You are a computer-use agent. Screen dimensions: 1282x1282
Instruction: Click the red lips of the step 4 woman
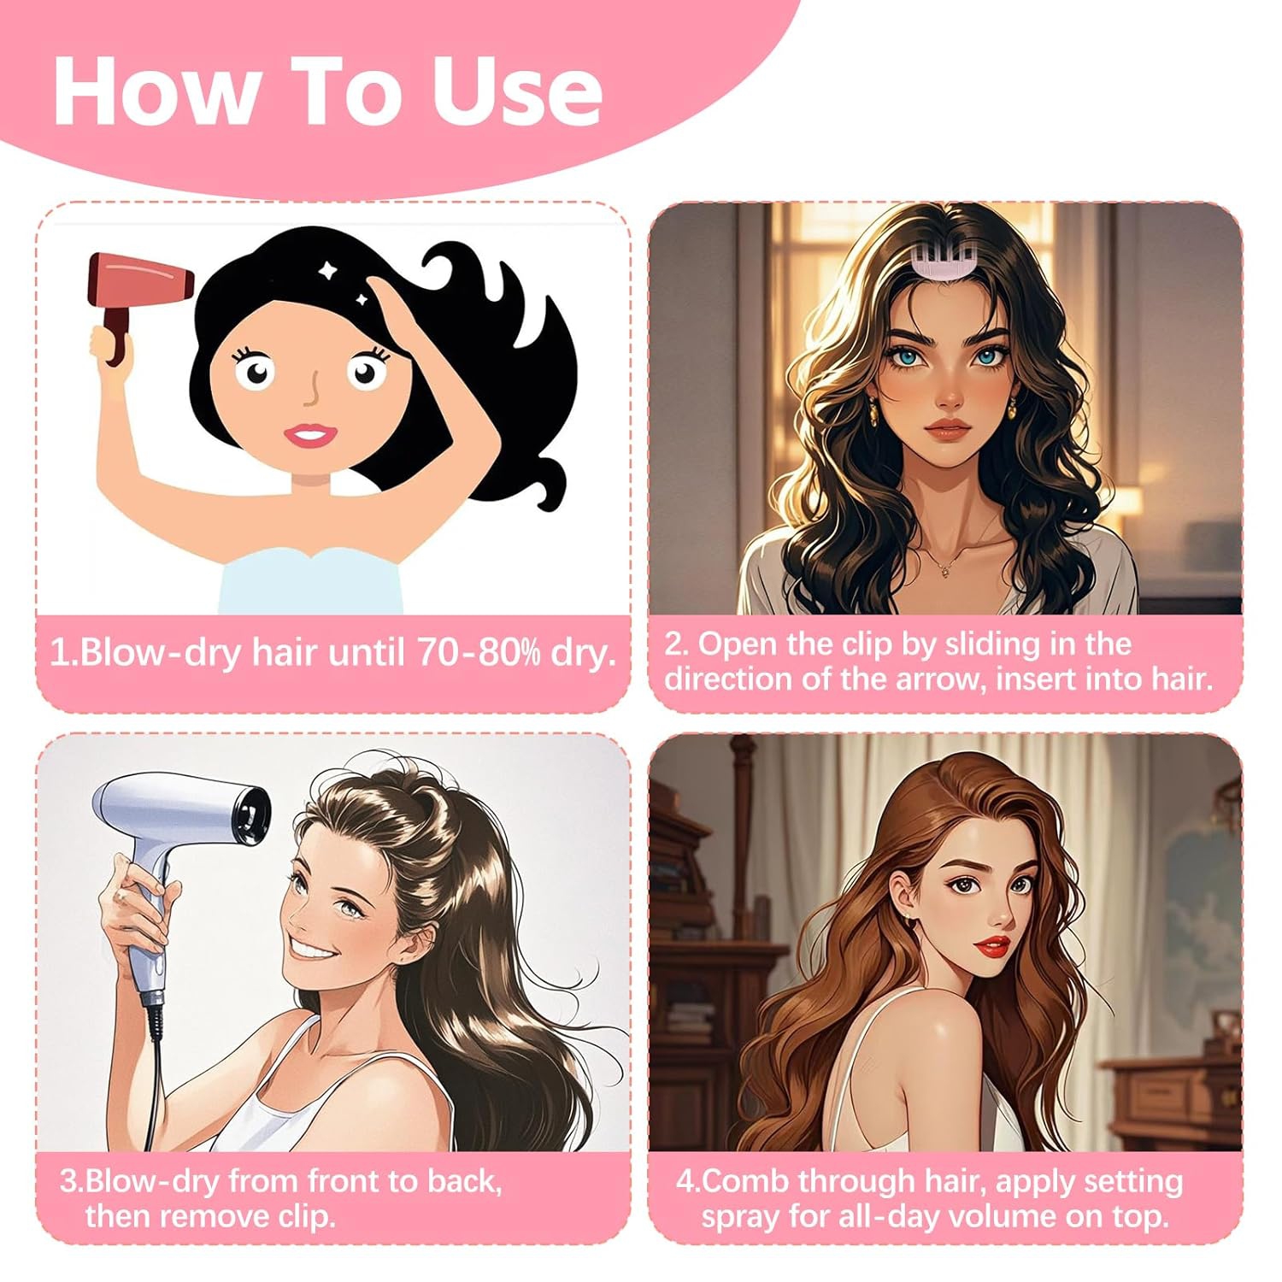992,946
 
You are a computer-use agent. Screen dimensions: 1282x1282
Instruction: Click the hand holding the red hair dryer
104,344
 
